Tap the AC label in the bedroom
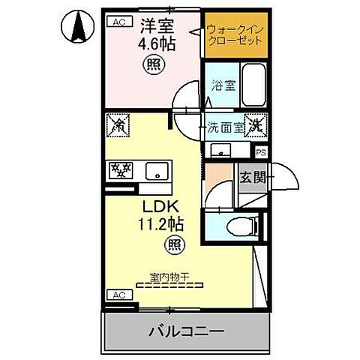118,23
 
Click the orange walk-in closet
234,34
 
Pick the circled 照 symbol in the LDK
172,244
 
